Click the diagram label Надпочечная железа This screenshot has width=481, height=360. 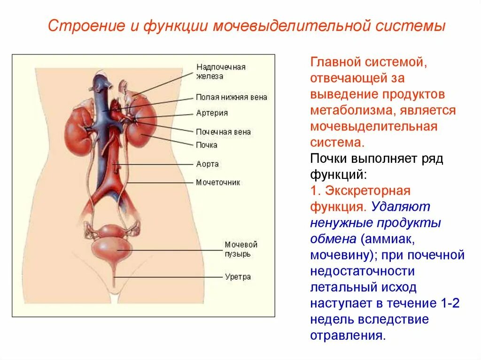(221, 71)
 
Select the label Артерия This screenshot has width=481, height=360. (212, 113)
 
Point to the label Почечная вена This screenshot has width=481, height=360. (223, 132)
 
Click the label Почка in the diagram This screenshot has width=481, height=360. (207, 145)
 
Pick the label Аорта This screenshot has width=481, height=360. (207, 164)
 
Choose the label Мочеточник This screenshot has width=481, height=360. (218, 182)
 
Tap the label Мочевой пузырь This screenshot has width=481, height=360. (241, 249)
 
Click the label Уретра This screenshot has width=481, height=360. (238, 277)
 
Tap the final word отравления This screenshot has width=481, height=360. (348, 336)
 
